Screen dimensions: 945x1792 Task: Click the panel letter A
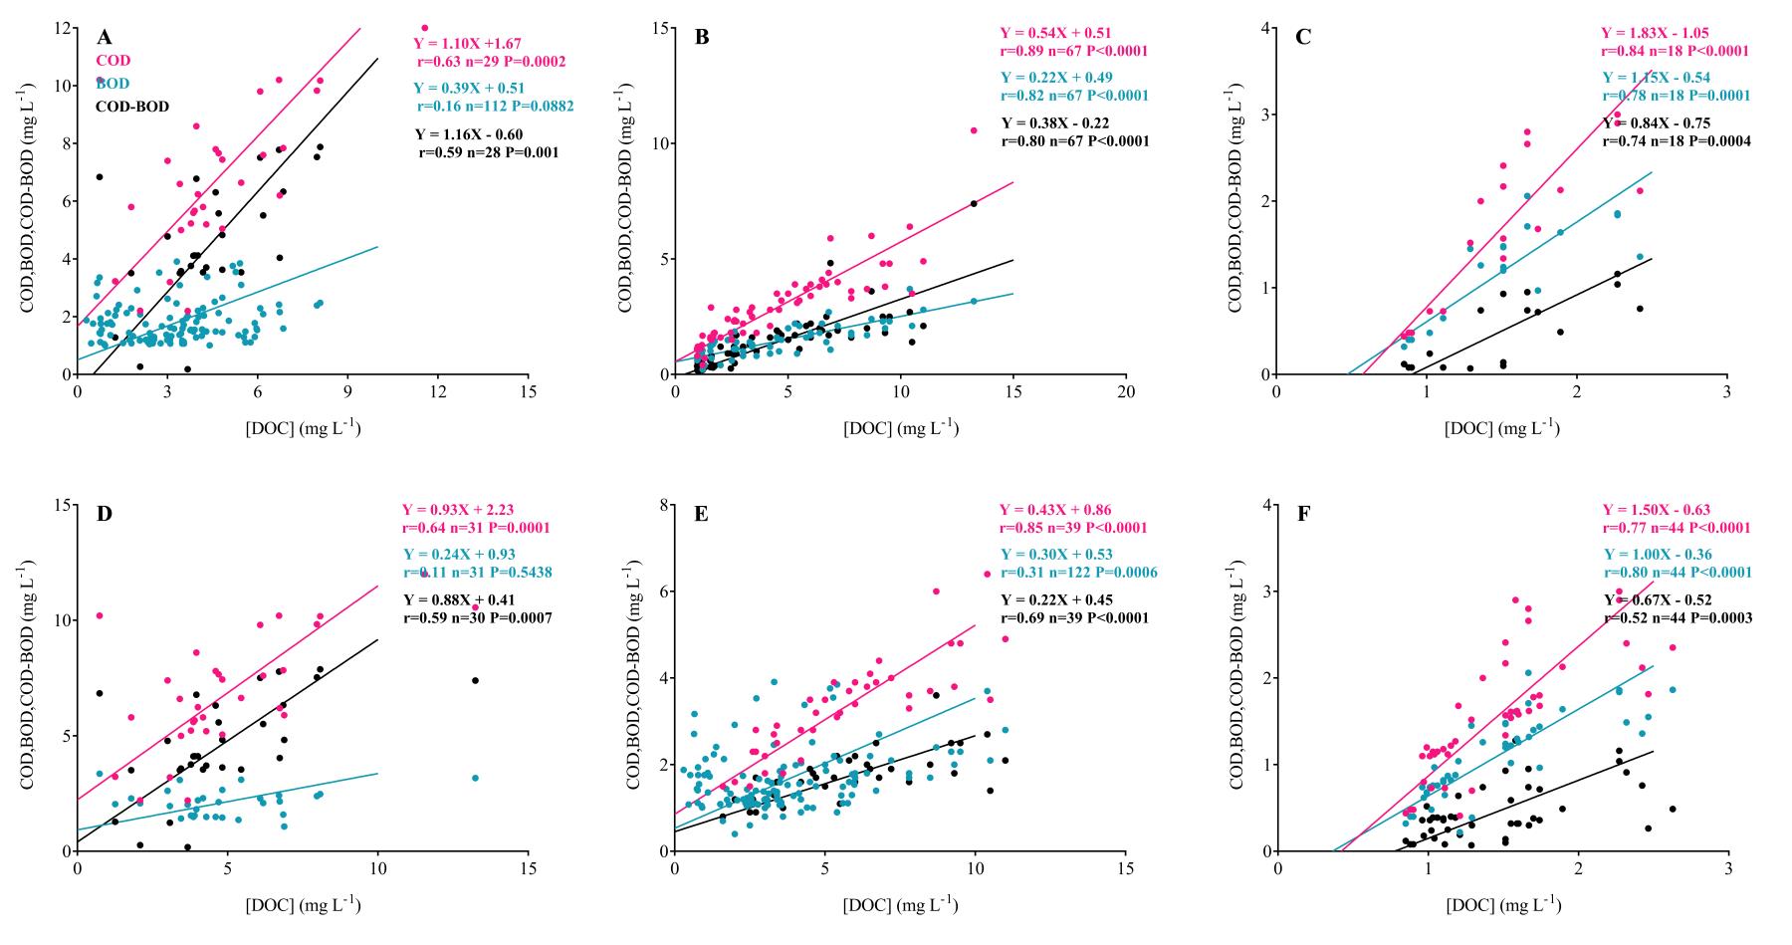tap(104, 38)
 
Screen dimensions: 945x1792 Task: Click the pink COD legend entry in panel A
tap(113, 61)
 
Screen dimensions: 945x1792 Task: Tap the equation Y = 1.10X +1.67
tap(467, 44)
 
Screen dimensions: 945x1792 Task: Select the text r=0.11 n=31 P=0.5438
tap(477, 573)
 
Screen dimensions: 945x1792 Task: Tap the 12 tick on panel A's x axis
tap(438, 391)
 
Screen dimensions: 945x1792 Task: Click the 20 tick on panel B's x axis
tap(1126, 391)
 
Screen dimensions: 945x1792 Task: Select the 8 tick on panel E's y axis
tap(662, 505)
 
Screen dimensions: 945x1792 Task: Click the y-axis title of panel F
tap(1237, 678)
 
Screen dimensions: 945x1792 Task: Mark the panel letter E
tap(702, 515)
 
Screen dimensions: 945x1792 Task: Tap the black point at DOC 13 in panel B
tap(973, 203)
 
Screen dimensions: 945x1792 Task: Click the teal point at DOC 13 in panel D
tap(475, 778)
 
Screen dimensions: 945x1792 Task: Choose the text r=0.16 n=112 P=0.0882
tap(494, 106)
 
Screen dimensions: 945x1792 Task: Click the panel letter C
tap(1303, 38)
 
